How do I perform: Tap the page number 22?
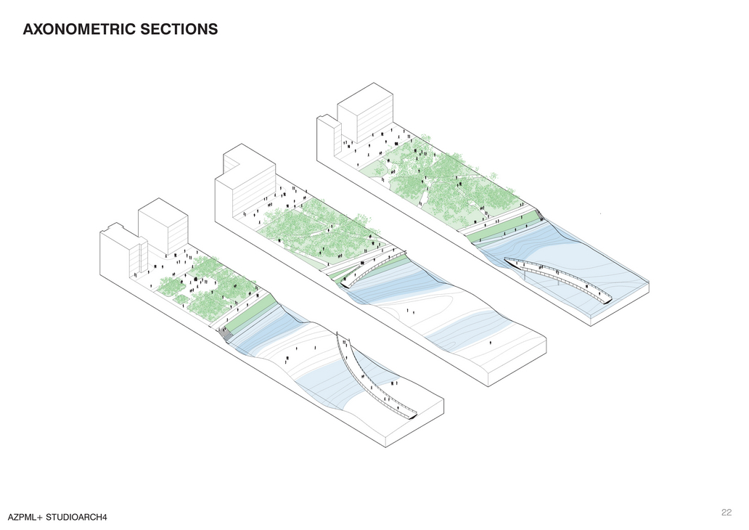point(726,512)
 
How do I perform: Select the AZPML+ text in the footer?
point(25,517)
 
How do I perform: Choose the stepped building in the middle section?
point(247,182)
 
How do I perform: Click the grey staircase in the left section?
point(226,333)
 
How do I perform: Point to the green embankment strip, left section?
point(250,313)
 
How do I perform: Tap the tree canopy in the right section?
point(450,182)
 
